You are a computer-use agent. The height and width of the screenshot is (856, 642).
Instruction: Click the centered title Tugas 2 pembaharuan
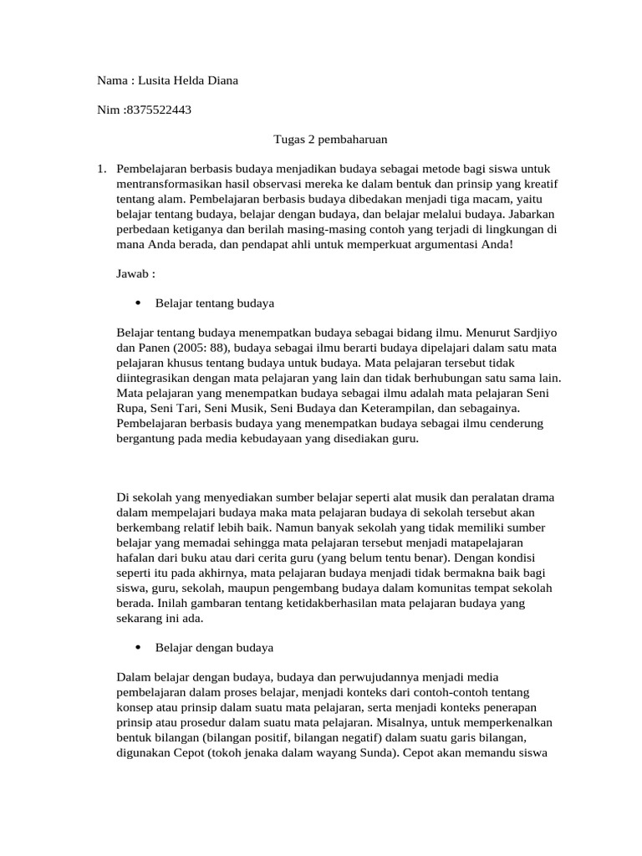click(320, 140)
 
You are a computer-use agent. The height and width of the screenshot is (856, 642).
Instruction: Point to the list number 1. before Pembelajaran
click(102, 170)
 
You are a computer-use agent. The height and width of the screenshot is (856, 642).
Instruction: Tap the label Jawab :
click(136, 273)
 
